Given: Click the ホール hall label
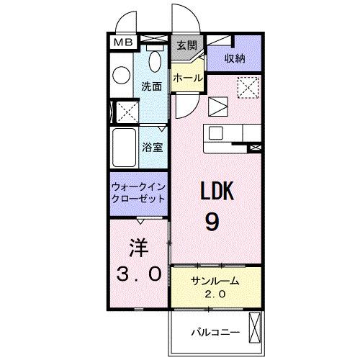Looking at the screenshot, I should pos(187,78).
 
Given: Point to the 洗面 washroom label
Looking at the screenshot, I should pos(151,86).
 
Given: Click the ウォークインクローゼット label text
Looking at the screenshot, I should pos(138,193).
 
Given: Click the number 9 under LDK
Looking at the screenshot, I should pos(212,221).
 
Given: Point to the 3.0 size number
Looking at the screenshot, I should pos(138,274).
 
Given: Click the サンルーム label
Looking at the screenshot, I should pos(214,281).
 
